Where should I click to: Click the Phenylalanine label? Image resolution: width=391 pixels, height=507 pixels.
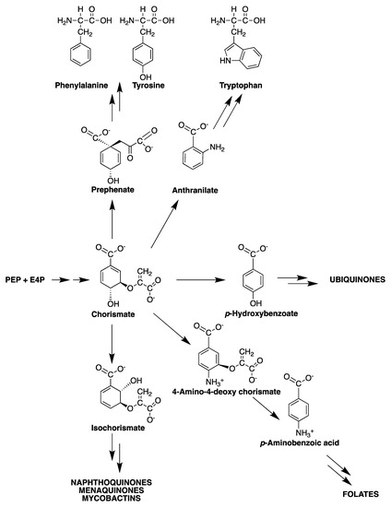pos(81,86)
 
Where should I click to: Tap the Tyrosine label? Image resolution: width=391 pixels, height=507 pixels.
pos(148,86)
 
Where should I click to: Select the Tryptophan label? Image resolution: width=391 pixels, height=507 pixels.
pos(241,86)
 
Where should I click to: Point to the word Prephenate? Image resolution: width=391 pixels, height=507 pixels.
pos(113,190)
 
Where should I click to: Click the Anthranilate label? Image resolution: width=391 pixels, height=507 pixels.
pos(195,190)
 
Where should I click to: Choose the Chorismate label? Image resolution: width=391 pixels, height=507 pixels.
pos(113,314)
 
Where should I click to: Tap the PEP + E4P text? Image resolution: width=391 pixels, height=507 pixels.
pos(25,279)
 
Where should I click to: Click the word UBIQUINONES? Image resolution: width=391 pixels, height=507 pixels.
pos(358,279)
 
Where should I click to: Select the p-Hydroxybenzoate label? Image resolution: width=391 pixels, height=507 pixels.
pos(261,313)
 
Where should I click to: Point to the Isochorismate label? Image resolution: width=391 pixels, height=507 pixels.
pos(118,428)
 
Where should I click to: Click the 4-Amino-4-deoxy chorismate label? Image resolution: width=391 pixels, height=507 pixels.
pos(226,392)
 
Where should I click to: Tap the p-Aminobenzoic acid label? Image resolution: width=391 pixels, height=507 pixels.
pos(300,442)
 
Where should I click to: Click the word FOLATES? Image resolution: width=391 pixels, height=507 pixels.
pos(361,494)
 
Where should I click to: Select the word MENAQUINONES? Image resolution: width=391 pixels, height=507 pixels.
pos(112,490)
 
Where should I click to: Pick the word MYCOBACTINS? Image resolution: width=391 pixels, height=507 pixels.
pos(112,498)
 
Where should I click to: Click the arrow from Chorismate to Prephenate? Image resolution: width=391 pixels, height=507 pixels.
pos(113,219)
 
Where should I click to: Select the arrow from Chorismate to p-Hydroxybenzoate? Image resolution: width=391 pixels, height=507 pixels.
pos(200,279)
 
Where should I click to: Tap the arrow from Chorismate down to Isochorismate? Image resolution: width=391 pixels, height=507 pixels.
pos(112,344)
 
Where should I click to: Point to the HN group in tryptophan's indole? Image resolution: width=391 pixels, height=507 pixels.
pos(225,61)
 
